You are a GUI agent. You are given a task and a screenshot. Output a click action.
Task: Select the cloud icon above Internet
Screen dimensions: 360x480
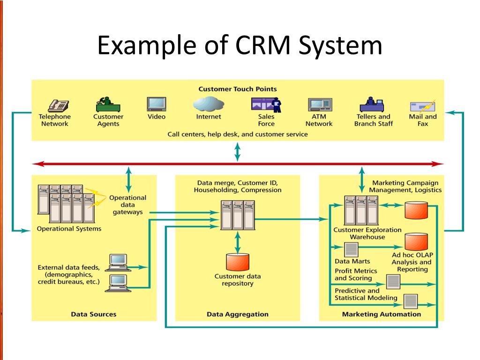(x=208, y=104)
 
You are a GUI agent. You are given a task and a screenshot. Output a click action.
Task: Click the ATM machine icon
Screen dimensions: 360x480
(x=319, y=105)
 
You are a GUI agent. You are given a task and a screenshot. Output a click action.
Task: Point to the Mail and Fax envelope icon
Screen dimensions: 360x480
(x=422, y=105)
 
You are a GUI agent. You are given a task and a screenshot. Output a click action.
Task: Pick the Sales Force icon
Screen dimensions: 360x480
(x=266, y=105)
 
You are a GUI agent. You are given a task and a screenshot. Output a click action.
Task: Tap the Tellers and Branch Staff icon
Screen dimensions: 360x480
(x=373, y=104)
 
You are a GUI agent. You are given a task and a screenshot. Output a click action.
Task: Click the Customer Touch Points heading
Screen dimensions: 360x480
(x=238, y=89)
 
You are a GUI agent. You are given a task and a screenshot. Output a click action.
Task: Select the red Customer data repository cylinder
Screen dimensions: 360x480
(x=238, y=262)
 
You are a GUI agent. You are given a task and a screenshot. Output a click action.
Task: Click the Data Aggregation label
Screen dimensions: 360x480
(x=238, y=314)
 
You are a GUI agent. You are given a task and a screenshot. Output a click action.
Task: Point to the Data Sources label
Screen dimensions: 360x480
(x=94, y=314)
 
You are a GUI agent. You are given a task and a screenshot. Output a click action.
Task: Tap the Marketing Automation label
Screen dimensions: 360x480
(x=382, y=314)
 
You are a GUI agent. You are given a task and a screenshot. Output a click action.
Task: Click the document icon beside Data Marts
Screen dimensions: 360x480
(x=352, y=249)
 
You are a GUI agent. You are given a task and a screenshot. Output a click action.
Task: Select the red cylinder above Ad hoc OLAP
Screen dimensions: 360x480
(x=416, y=241)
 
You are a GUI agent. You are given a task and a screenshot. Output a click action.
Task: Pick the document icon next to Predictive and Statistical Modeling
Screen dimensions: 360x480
(x=411, y=300)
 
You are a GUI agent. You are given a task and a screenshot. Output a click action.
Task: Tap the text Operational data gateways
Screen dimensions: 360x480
(x=127, y=205)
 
